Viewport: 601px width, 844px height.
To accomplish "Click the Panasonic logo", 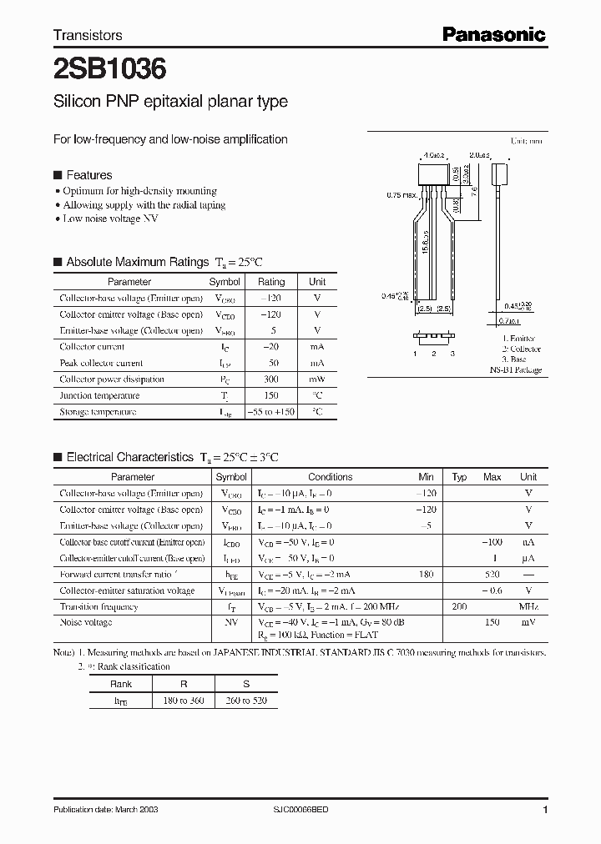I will coord(493,34).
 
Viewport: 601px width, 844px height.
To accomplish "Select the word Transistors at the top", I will coord(88,35).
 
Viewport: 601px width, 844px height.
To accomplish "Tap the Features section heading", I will coord(88,175).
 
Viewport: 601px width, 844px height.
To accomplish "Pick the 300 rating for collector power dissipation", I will coord(270,379).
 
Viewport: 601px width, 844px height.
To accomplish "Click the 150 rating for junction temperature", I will coord(270,395).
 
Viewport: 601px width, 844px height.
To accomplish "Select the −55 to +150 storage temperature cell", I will coord(271,412).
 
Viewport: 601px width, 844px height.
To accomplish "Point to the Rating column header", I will coord(270,282).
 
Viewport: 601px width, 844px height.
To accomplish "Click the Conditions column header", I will coord(330,477).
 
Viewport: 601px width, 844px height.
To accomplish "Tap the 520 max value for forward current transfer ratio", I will coord(492,575).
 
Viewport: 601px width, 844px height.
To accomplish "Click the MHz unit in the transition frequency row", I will coord(528,607).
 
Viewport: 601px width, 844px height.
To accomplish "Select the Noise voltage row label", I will coord(86,623).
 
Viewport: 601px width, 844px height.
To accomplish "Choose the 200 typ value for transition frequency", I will coord(458,607).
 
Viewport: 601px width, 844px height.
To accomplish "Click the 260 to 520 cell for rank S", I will coord(247,701).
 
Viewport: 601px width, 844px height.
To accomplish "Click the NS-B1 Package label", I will coord(515,369).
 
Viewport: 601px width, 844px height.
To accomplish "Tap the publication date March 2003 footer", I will coord(105,810).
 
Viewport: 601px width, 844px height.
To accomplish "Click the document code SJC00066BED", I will coord(308,810).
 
